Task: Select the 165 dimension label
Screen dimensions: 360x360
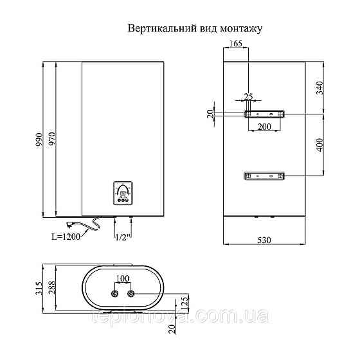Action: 235,44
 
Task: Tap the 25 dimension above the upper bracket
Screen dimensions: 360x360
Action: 248,96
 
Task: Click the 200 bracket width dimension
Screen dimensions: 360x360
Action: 264,127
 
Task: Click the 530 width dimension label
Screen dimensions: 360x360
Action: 265,240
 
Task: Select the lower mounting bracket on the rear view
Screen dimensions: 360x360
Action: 264,175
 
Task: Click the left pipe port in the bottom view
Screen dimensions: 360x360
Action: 114,294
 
